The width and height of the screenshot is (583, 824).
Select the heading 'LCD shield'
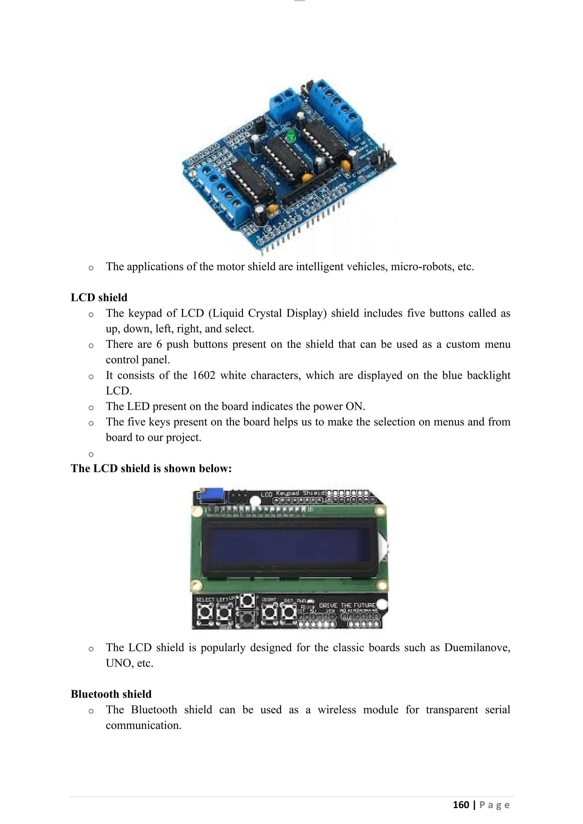99,298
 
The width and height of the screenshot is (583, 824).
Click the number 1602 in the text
204,375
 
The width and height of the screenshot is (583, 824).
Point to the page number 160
461,805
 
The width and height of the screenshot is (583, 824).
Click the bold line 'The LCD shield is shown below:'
151,468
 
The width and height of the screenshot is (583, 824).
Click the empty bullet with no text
91,454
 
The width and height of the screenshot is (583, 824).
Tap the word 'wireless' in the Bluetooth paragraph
337,710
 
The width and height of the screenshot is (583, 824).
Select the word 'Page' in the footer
494,805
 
